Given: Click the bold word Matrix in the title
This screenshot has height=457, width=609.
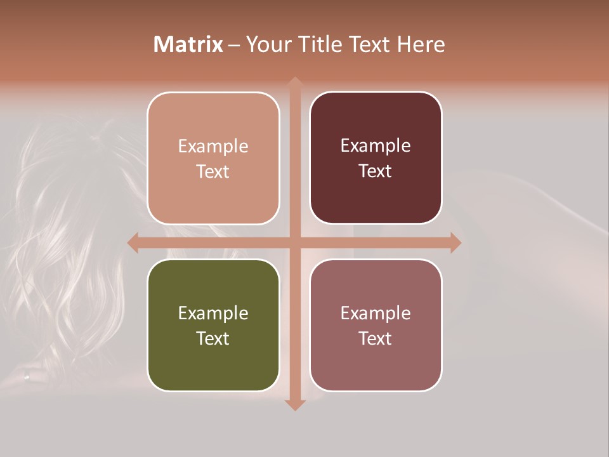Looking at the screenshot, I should click(x=188, y=44).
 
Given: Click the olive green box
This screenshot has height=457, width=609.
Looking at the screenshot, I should click(x=213, y=325).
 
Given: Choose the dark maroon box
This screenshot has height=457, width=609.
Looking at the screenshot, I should click(x=376, y=157).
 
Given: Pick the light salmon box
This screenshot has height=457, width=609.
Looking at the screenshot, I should click(x=213, y=158).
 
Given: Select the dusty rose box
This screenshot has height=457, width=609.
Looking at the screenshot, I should click(x=376, y=325).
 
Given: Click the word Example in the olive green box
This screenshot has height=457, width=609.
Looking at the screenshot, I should click(x=213, y=313).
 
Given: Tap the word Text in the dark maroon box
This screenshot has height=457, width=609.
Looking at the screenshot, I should click(x=376, y=171).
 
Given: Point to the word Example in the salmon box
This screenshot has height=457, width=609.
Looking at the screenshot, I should click(x=213, y=146).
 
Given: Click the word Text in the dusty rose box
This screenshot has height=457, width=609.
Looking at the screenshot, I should click(x=376, y=338).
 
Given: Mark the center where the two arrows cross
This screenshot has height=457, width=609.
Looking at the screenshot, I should click(x=294, y=242).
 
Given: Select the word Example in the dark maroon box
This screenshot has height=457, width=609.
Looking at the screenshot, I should click(x=376, y=145).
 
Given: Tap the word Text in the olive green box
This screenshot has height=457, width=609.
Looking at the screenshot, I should click(x=213, y=338).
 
